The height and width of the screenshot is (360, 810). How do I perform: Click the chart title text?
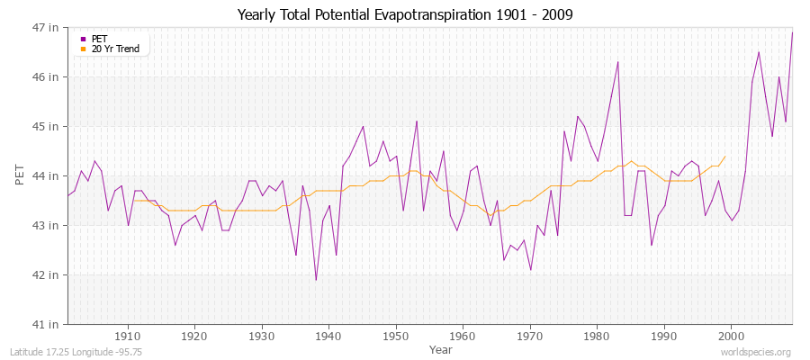404,14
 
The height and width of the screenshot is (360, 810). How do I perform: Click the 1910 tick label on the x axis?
128,337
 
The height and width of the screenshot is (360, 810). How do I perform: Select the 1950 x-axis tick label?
396,337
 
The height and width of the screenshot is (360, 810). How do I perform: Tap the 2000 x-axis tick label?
731,337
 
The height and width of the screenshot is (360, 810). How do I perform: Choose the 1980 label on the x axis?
597,337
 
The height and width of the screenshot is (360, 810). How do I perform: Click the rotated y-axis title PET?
21,175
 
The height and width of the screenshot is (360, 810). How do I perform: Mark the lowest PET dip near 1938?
316,279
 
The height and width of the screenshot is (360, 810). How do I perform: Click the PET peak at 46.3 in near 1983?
617,62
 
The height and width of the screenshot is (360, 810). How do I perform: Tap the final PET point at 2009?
792,32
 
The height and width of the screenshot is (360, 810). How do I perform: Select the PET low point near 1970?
530,269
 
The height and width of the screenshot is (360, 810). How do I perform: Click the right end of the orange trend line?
724,156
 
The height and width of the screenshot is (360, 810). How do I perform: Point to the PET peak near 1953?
417,121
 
